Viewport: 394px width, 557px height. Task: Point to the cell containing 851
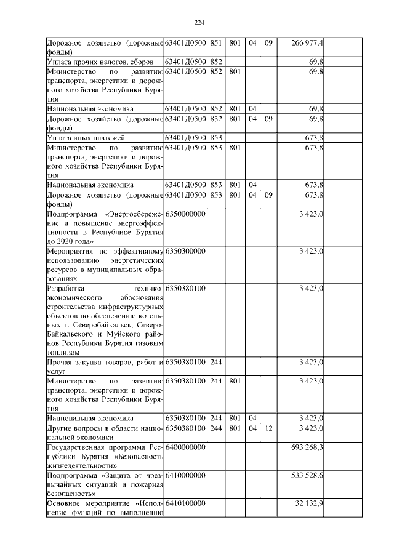tap(215, 42)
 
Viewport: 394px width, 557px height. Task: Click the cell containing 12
tap(268, 427)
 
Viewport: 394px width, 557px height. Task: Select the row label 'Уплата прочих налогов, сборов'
tap(100, 62)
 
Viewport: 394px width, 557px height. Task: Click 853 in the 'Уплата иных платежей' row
tap(215, 137)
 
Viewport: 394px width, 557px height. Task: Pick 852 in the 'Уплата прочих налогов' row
tap(215, 62)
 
